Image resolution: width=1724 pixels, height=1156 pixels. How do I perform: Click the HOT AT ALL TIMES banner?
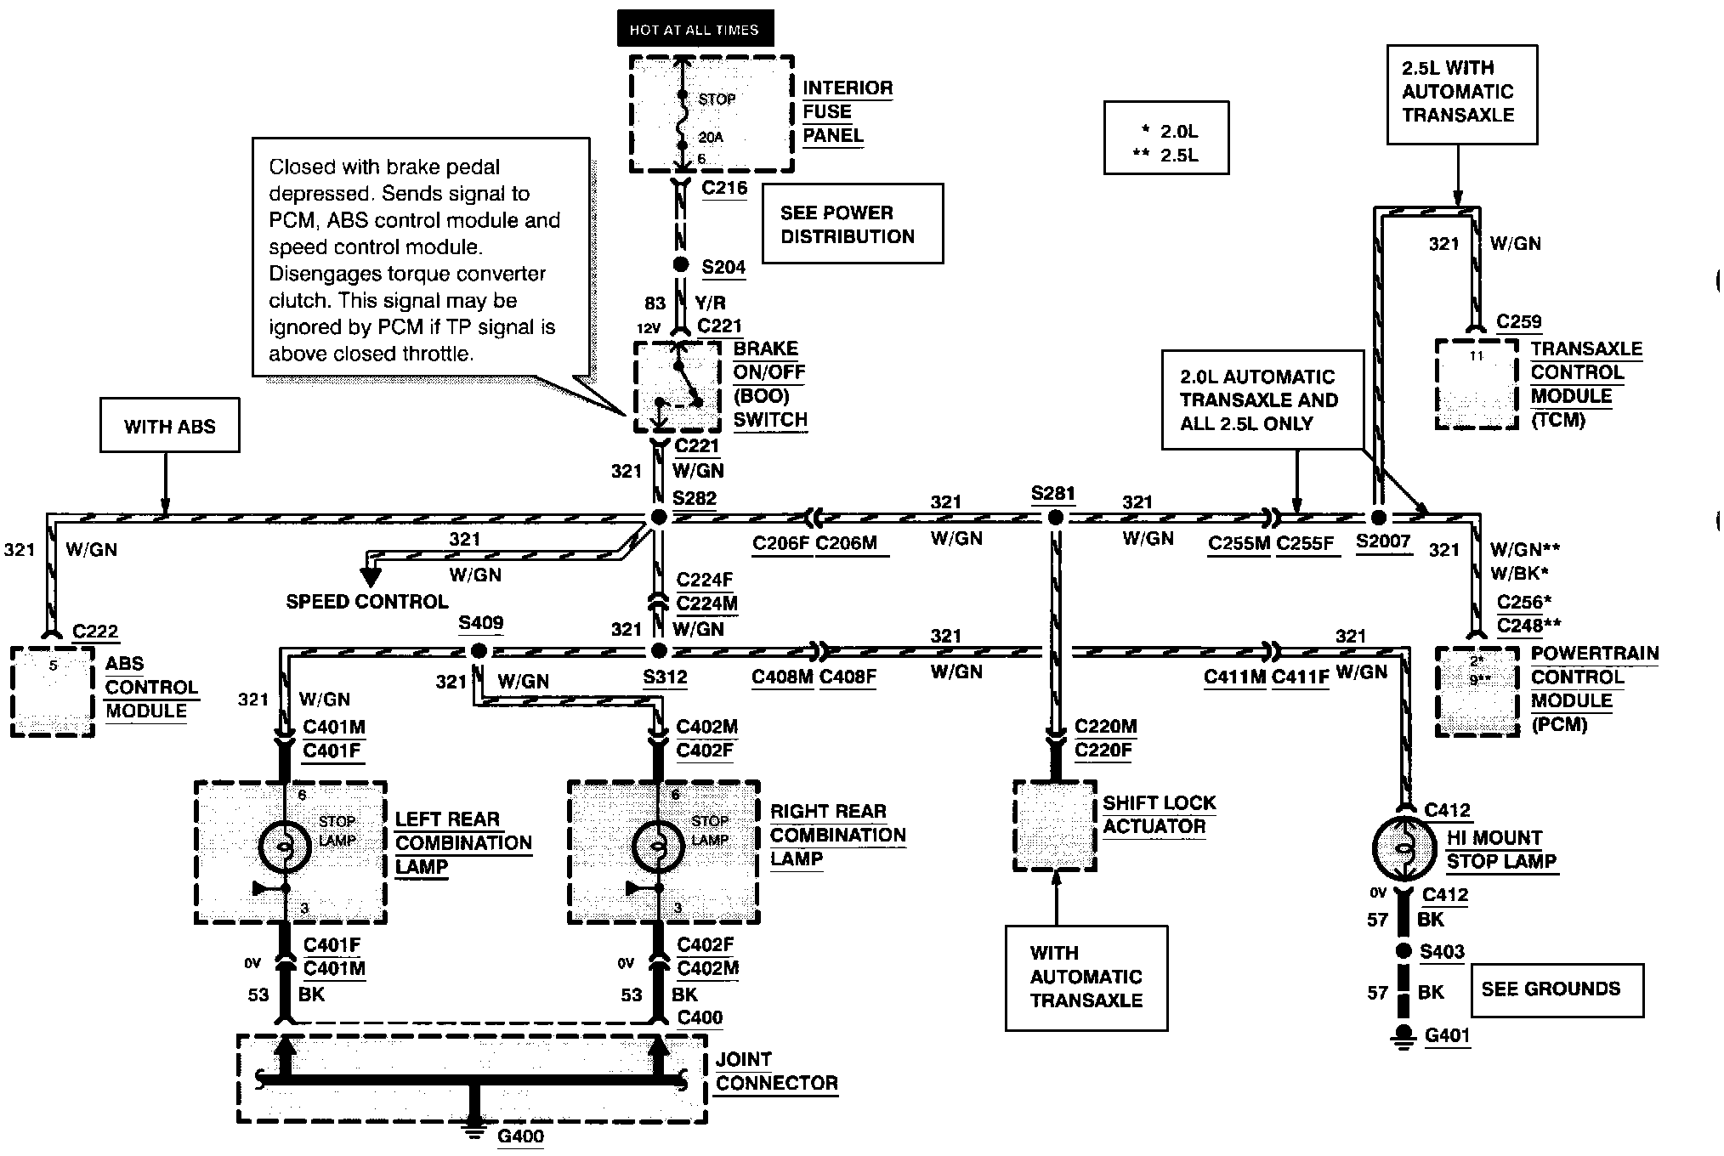(x=695, y=29)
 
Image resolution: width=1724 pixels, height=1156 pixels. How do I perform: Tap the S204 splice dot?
(x=680, y=265)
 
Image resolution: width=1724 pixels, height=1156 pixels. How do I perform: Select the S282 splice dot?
(x=658, y=517)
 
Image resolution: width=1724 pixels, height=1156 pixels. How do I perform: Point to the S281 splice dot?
(x=1055, y=517)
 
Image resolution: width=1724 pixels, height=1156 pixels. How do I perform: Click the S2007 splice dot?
(x=1379, y=517)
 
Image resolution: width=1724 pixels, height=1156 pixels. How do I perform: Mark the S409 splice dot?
(x=479, y=651)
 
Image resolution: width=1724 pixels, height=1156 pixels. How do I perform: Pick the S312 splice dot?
(x=658, y=651)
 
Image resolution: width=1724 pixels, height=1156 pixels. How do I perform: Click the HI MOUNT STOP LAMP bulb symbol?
(x=1405, y=847)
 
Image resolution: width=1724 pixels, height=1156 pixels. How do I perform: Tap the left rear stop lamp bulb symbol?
(x=286, y=847)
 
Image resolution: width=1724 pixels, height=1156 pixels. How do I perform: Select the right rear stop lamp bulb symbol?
(x=659, y=847)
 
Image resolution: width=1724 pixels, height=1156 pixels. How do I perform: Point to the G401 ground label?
(x=1447, y=1036)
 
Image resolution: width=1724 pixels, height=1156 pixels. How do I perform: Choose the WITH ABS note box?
(x=170, y=425)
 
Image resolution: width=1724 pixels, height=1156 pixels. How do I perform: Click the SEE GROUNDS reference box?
(x=1557, y=990)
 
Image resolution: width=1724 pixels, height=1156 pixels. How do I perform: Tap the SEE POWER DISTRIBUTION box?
(x=853, y=224)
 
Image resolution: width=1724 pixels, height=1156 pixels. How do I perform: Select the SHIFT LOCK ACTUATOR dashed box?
(x=1055, y=826)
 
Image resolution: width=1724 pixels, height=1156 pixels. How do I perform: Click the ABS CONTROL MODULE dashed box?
(x=53, y=692)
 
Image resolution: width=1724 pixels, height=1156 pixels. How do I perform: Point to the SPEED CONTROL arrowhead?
(x=371, y=577)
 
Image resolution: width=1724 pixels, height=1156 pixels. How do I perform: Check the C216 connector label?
(x=724, y=188)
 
